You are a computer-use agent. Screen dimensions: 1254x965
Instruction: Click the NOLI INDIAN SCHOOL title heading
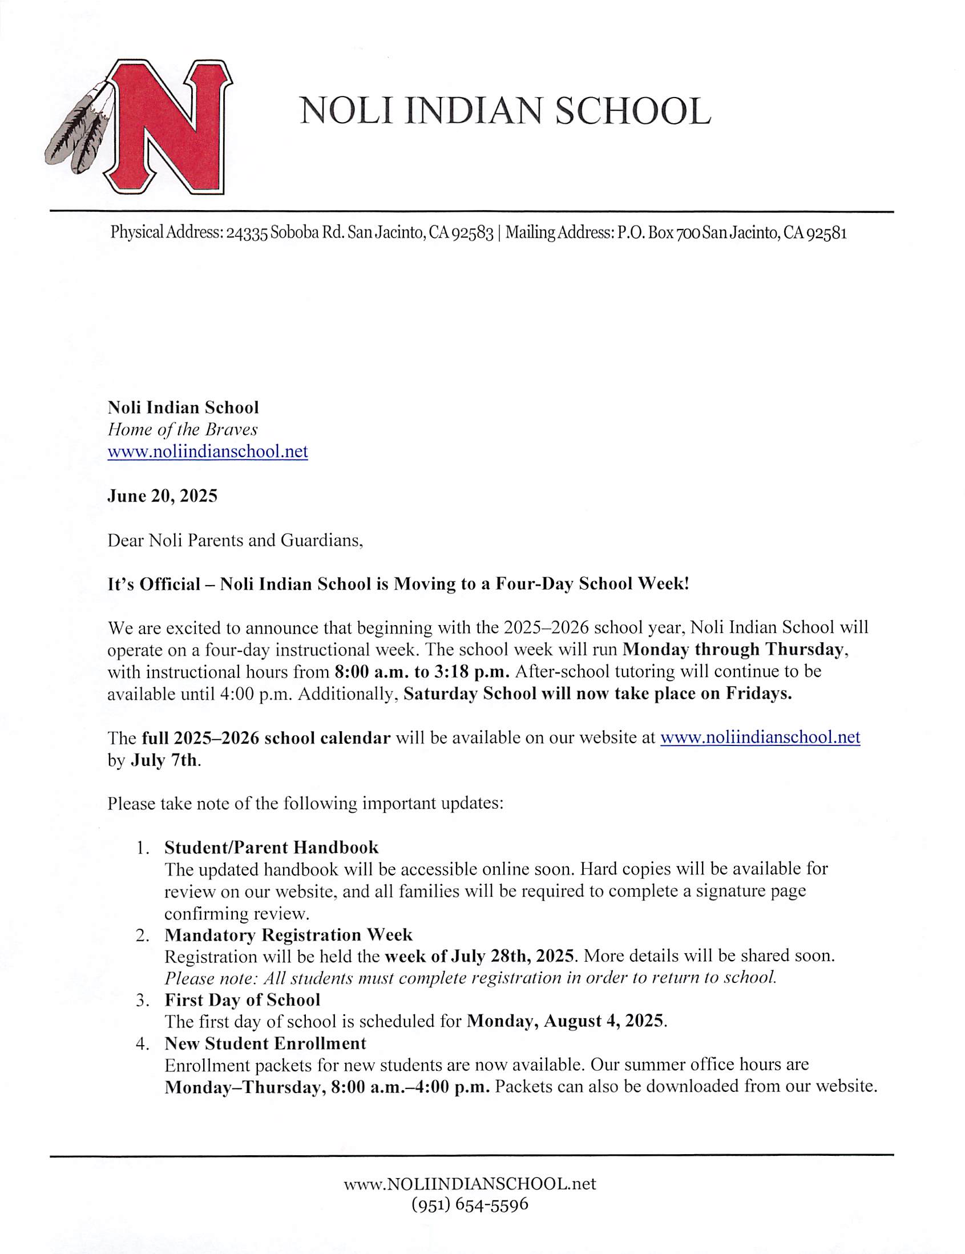coord(505,111)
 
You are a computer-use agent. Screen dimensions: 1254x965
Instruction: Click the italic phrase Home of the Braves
coord(183,429)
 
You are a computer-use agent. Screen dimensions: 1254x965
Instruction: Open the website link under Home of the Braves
coord(208,451)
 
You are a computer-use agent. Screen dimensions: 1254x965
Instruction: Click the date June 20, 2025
coord(163,495)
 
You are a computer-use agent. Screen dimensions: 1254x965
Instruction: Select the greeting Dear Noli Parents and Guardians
coord(235,541)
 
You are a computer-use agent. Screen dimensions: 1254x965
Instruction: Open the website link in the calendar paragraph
coord(760,737)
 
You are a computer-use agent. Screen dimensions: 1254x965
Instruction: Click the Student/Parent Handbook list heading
coord(272,848)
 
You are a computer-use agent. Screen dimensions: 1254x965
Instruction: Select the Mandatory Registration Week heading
coord(288,935)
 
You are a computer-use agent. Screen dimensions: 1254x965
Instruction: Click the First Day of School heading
coord(243,1000)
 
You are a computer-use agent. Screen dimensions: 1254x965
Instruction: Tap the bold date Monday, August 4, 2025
coord(566,1022)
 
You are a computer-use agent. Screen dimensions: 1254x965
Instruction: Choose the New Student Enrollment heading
coord(265,1043)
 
